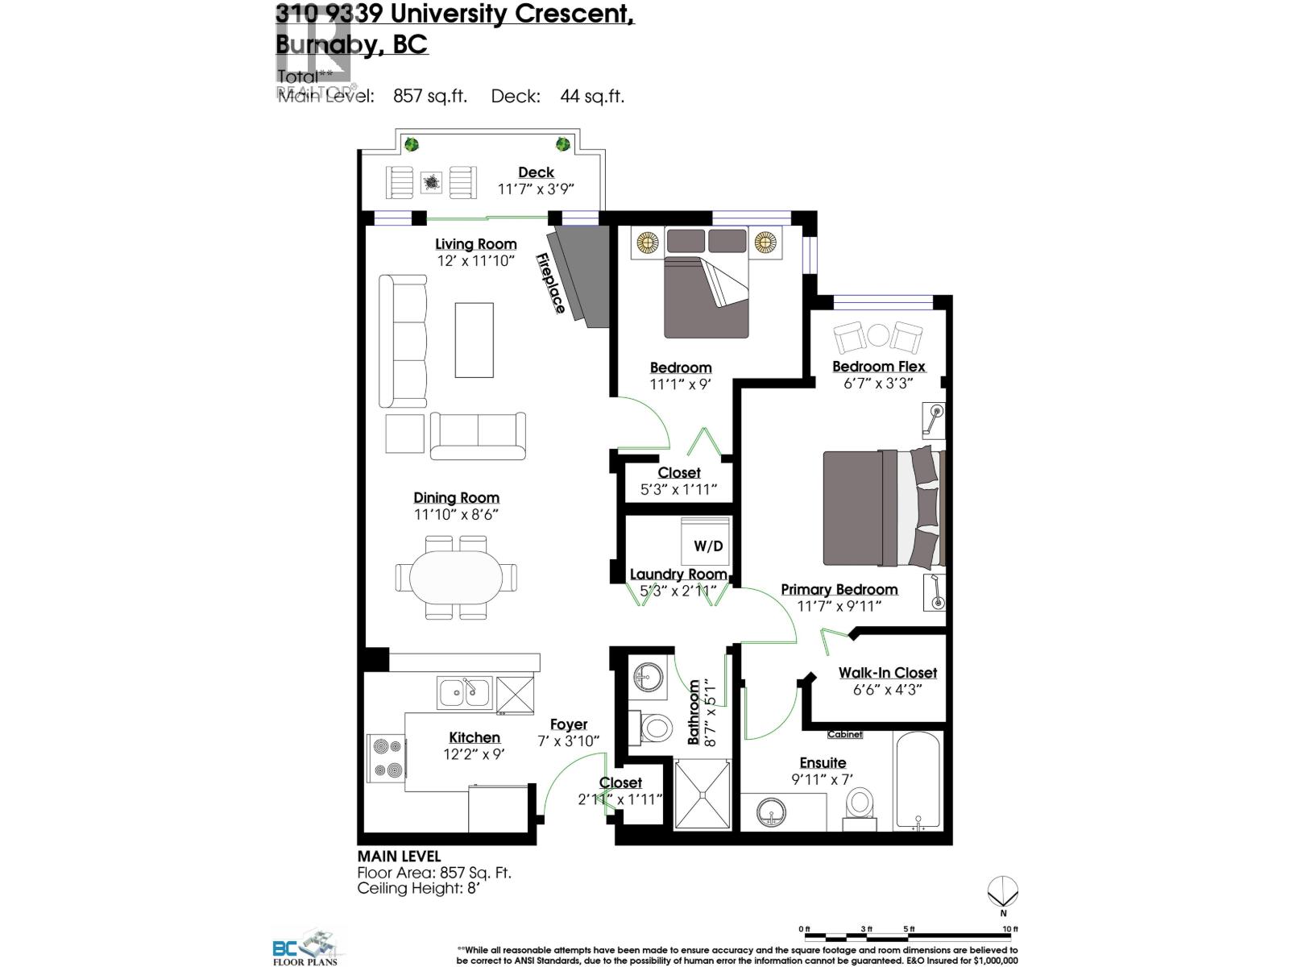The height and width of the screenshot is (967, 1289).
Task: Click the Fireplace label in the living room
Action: click(x=551, y=284)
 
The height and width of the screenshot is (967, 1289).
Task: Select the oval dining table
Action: click(x=456, y=578)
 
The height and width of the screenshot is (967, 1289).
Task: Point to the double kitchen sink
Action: click(x=463, y=691)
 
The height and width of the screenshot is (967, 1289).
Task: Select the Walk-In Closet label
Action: click(x=887, y=673)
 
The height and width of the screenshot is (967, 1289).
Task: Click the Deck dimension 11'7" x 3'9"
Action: click(x=536, y=189)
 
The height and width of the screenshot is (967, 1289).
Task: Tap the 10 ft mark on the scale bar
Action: click(x=1009, y=929)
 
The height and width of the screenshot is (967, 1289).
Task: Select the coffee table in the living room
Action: click(x=474, y=339)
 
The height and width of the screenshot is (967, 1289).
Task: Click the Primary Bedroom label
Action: click(x=839, y=589)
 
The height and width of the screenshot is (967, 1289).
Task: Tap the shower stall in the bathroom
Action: click(x=703, y=794)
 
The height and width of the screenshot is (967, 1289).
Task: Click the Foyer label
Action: click(x=569, y=724)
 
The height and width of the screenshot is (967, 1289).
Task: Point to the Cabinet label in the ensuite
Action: click(x=844, y=734)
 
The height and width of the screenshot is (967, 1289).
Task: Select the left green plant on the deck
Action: click(x=412, y=145)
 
